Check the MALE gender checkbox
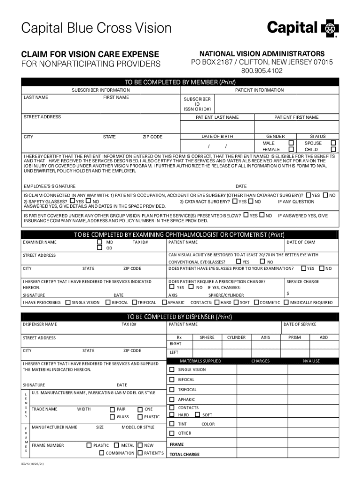291,143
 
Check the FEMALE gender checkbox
291,149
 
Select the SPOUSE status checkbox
333,143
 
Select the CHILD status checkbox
333,149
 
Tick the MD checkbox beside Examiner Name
99,242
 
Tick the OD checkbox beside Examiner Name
99,248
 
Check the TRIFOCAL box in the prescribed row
134,302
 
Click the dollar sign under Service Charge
288,293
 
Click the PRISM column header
295,337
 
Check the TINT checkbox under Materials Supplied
172,424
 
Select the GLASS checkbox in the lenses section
112,417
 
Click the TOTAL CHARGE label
184,454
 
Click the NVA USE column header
311,361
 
